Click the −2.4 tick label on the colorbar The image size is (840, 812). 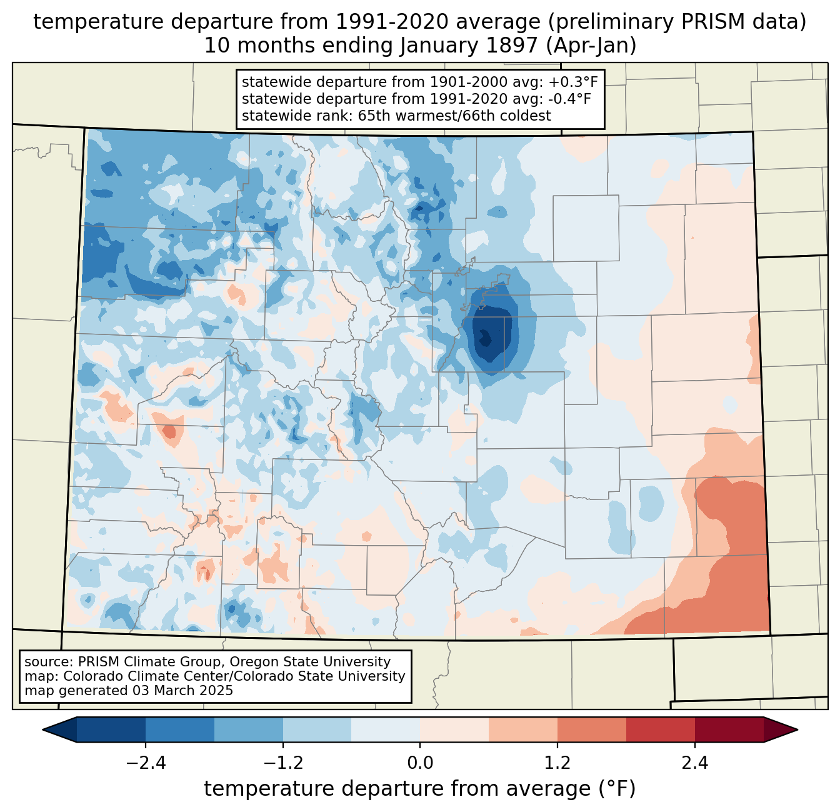pyautogui.click(x=146, y=763)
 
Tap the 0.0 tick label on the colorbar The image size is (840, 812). pyautogui.click(x=420, y=763)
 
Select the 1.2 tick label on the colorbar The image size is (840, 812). pyautogui.click(x=557, y=763)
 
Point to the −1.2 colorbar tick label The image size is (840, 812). pyautogui.click(x=283, y=763)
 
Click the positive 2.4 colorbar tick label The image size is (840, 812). pyautogui.click(x=694, y=763)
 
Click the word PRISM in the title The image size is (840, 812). pyautogui.click(x=727, y=22)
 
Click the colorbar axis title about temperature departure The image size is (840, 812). pyautogui.click(x=419, y=789)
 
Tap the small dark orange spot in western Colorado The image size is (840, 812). pyautogui.click(x=169, y=431)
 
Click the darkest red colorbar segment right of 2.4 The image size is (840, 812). pyautogui.click(x=729, y=729)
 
